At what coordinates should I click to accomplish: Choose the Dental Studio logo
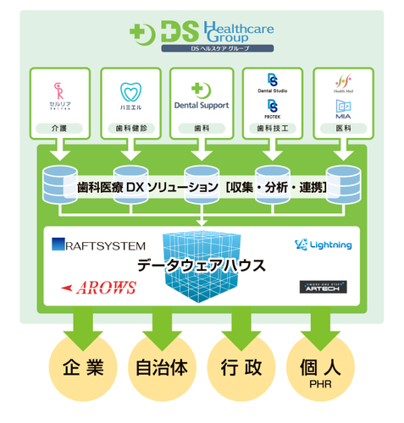273,85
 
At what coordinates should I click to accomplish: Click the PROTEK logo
273,109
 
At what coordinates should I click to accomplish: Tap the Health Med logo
343,85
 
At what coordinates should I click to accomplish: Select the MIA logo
343,108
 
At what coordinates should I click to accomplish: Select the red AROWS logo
99,288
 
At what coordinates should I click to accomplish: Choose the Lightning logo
323,245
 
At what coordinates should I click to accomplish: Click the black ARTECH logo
322,288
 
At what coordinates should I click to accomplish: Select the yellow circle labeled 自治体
161,370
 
